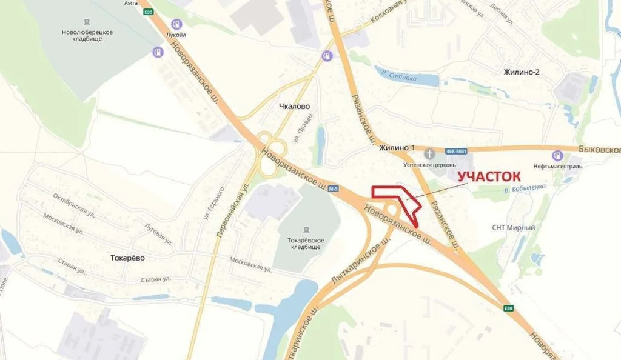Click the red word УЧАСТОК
point(489,176)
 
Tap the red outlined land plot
point(403,200)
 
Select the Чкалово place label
point(294,106)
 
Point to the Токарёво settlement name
point(128,257)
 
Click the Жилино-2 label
point(521,72)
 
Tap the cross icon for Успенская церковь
point(429,153)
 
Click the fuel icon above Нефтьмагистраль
point(557,155)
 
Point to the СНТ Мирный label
point(513,228)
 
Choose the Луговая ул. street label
point(159,232)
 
